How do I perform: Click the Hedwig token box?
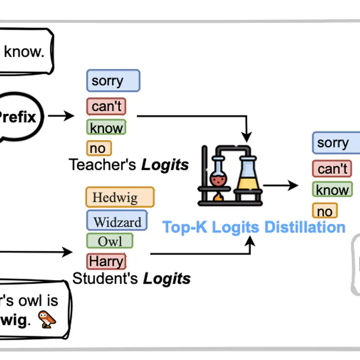point(120,197)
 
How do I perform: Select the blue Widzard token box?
point(117,221)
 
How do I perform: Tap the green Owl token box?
point(110,241)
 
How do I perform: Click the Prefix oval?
point(19,117)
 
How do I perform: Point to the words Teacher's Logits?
point(129,164)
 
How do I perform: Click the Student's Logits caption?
point(131,278)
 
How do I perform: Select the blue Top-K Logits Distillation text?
point(253,227)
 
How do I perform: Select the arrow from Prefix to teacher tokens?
point(60,116)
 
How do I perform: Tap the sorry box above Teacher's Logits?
point(113,81)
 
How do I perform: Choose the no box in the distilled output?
point(325,211)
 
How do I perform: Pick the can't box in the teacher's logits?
point(106,106)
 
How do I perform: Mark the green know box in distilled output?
point(332,190)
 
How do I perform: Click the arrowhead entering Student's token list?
point(69,253)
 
